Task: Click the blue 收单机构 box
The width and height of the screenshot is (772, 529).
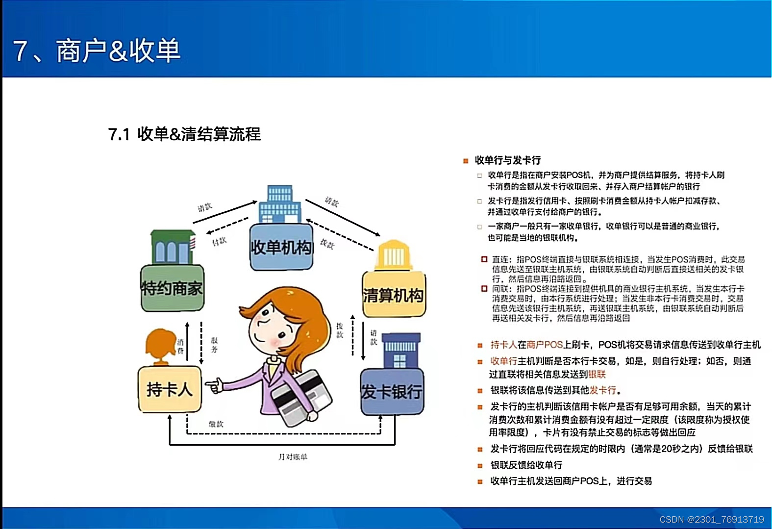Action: (x=281, y=248)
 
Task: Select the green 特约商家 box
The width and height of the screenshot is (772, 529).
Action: (x=172, y=288)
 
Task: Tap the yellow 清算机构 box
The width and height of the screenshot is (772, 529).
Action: (x=394, y=295)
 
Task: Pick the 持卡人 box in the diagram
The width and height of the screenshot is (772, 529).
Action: (x=170, y=389)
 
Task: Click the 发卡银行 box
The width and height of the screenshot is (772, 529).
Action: (x=392, y=391)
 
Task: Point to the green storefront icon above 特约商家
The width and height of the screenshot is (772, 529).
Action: (x=172, y=247)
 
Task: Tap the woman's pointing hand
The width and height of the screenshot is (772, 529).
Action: (x=214, y=386)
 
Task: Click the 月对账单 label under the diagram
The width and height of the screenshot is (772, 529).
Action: (x=293, y=457)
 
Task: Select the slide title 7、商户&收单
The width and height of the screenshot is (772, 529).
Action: (x=97, y=51)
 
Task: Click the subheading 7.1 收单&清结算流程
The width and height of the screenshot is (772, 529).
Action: (x=184, y=134)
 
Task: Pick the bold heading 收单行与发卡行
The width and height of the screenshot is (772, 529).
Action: (x=508, y=160)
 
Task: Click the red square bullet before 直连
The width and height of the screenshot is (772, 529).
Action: (x=484, y=259)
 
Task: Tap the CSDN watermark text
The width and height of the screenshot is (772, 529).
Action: (x=712, y=519)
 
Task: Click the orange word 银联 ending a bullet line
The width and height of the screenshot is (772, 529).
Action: (x=597, y=375)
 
